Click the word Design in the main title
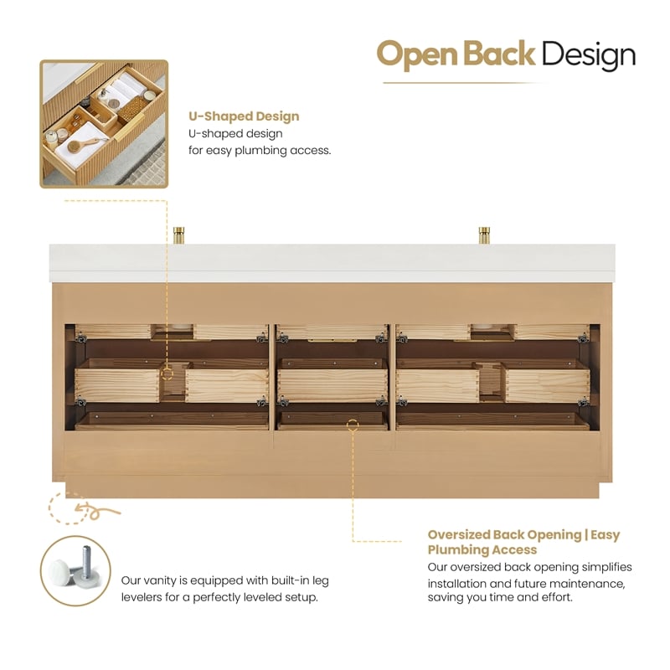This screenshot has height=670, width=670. pos(590,55)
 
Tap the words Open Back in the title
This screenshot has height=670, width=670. pos(456,54)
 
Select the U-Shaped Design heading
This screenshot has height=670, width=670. pos(244,116)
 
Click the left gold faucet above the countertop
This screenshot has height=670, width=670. pos(178,235)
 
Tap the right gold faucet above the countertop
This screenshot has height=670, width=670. pos(484,235)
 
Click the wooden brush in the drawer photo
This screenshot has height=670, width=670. pos(83,146)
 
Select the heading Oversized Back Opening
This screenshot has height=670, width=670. pos(505,534)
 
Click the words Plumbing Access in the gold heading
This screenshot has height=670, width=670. pos(482,549)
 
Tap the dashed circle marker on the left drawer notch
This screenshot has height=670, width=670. pos(167,374)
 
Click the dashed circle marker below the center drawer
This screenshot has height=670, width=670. pos(353,425)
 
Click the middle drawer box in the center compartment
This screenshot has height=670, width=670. pos(332,382)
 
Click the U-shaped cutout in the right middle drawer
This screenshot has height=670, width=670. pos(490,381)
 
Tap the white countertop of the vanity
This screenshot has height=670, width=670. pos(332,263)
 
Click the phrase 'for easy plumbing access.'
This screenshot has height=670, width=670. pos(260,151)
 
